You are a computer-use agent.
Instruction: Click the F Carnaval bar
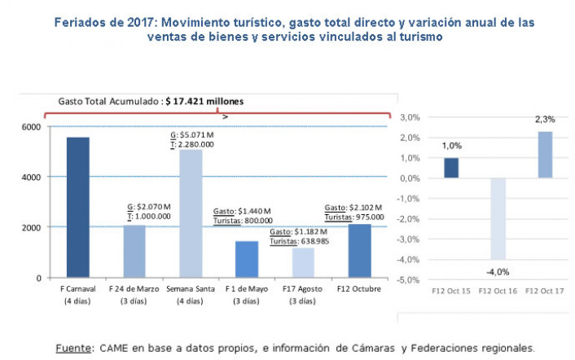click(77, 208)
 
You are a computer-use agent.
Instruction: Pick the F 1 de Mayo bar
click(246, 259)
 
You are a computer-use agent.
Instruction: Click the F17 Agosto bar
click(302, 262)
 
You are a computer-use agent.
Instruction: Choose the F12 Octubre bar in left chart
click(358, 250)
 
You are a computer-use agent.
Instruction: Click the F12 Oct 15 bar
click(451, 168)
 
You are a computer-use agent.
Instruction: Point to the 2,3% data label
click(542, 120)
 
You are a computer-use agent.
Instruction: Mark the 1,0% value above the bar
click(451, 146)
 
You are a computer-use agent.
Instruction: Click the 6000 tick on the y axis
click(30, 127)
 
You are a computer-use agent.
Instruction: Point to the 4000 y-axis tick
click(30, 177)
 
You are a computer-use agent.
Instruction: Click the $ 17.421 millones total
click(204, 102)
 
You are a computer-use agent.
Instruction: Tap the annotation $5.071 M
click(198, 135)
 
